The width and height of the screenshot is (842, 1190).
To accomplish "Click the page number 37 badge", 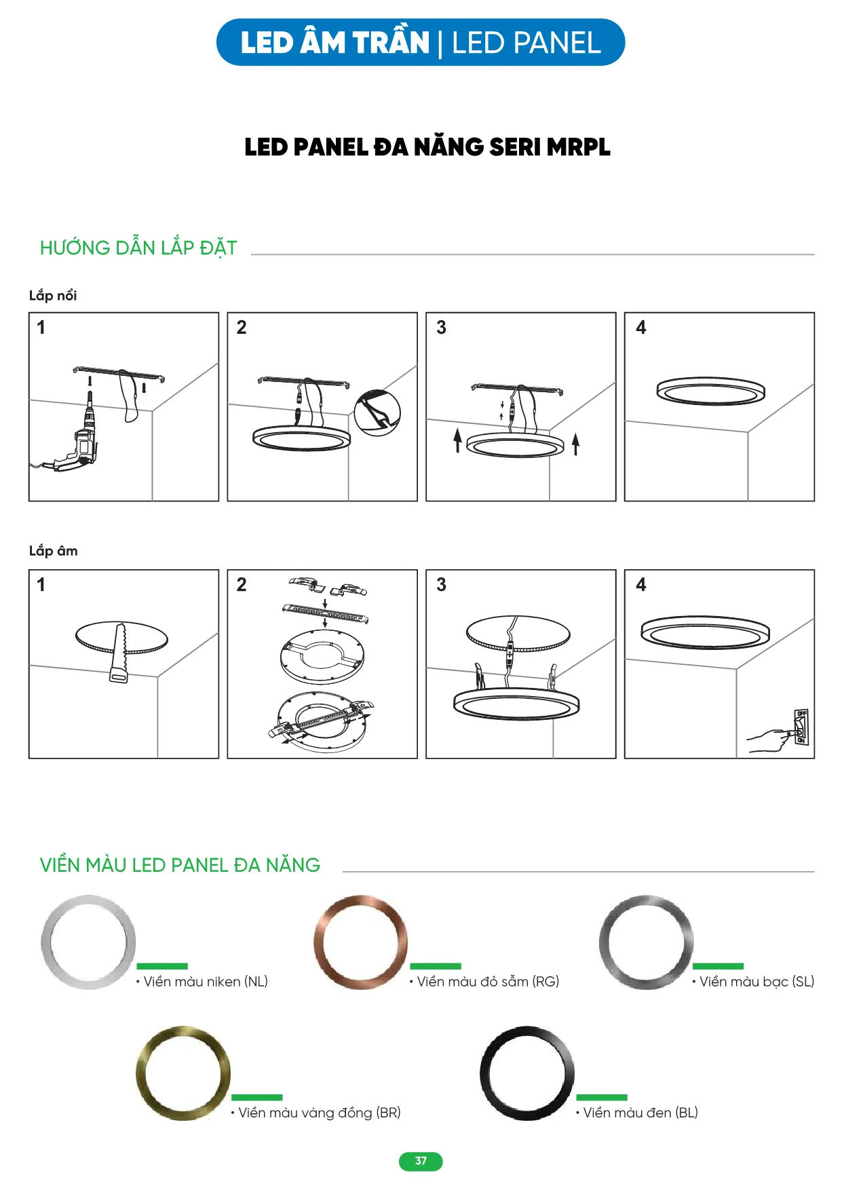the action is pos(421,1161).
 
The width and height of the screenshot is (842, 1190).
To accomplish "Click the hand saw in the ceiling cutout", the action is pos(120,653).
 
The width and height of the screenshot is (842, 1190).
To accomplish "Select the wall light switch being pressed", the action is pos(801,727).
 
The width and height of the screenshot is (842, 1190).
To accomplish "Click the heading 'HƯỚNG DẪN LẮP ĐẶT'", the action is pos(138,248).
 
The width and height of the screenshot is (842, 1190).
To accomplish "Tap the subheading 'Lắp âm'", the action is pos(54,550).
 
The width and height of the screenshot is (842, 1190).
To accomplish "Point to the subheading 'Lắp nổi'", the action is pos(53,295).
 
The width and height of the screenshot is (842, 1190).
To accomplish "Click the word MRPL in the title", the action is pos(578,147).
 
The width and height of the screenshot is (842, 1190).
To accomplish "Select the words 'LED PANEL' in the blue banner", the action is pos(527,43).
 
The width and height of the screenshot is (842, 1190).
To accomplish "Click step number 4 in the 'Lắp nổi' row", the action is pos(640,328).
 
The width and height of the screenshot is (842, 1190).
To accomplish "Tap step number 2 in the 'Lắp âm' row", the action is pos(242,585).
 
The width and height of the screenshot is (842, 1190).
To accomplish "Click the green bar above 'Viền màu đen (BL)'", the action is pos(601,1097).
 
